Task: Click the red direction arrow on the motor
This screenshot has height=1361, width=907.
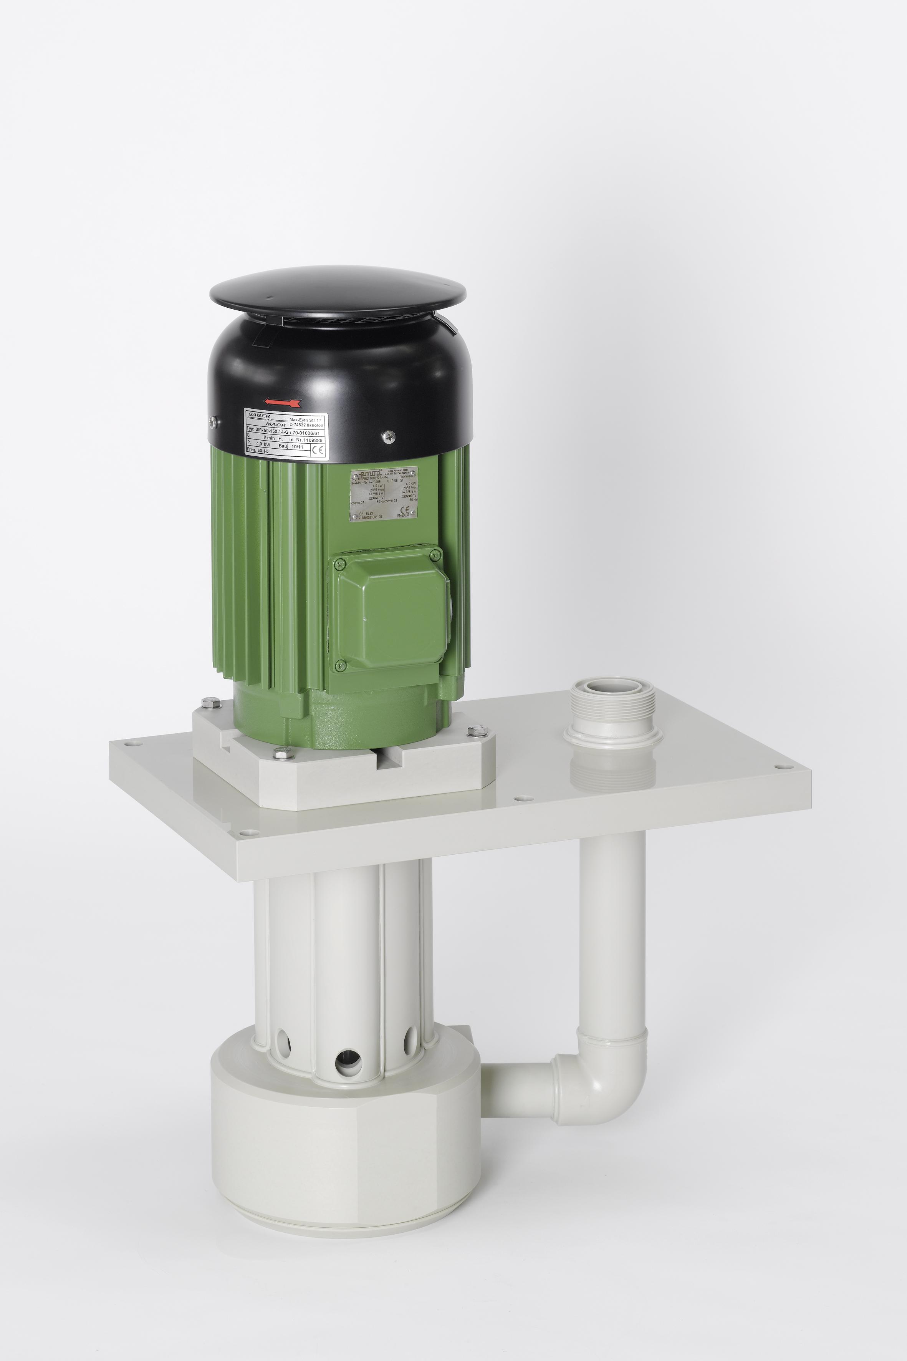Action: [282, 401]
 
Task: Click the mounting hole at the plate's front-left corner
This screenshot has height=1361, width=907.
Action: [249, 833]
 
